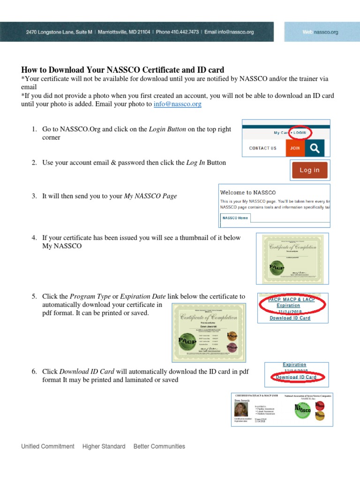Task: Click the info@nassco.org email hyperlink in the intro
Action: (x=177, y=104)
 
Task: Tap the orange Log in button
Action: (x=309, y=170)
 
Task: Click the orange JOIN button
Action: (x=295, y=148)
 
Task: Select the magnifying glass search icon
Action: (x=315, y=148)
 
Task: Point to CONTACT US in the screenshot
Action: (x=262, y=148)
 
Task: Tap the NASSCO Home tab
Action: (x=236, y=218)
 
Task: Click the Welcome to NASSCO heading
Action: (x=248, y=193)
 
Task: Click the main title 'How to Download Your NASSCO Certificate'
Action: (x=123, y=69)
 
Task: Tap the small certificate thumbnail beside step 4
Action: (x=292, y=259)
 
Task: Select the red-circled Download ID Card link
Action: (x=296, y=377)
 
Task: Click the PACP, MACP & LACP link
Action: (x=292, y=300)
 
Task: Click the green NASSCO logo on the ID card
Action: (x=302, y=410)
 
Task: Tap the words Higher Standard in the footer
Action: (x=104, y=446)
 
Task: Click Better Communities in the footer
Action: (x=159, y=446)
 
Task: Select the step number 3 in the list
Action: (x=34, y=196)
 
